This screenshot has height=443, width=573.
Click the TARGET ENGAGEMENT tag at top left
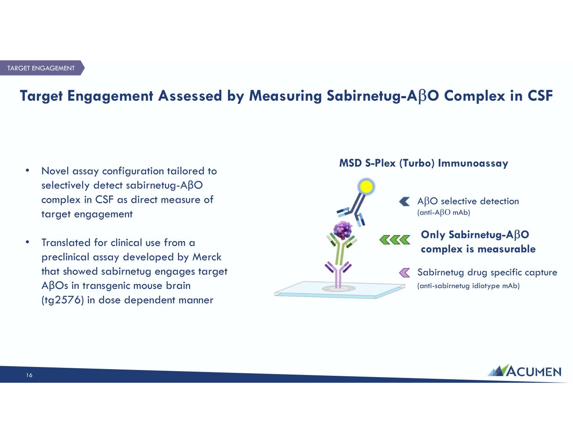pos(41,68)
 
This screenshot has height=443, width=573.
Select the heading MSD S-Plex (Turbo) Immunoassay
pos(424,163)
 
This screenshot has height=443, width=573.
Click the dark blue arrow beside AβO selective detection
pos(405,201)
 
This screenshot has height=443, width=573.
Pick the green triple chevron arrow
pos(395,240)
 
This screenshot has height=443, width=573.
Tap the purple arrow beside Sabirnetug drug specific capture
pos(405,273)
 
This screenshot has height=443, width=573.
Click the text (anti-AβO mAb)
pos(443,212)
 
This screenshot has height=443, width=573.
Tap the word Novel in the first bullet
pos(55,171)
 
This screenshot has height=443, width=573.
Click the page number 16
pos(29,375)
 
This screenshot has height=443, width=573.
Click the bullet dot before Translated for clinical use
pos(27,242)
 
